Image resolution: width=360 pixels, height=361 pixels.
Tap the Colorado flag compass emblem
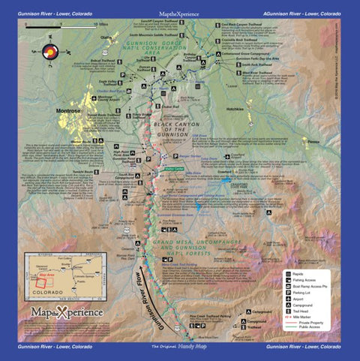click(x=49, y=52)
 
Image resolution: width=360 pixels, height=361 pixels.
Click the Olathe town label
click(x=105, y=36)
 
